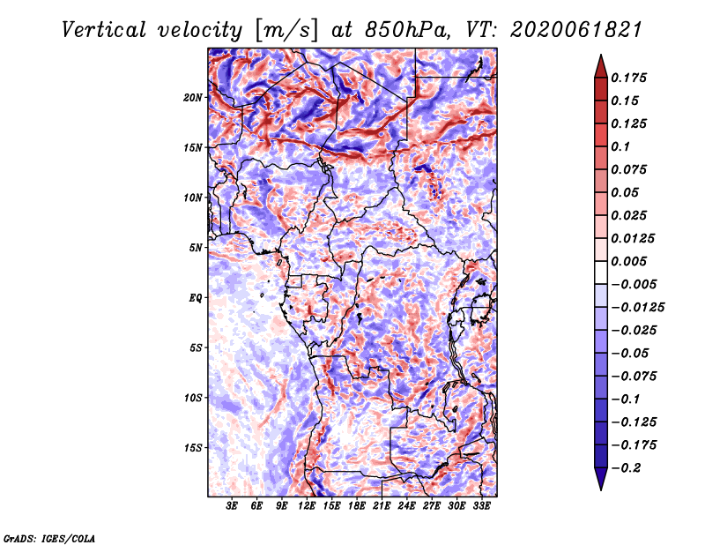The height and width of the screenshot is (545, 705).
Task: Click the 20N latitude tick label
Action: tap(192, 98)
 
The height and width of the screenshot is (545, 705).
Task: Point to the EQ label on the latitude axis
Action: tap(195, 298)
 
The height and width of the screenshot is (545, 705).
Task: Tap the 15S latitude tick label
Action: tap(193, 448)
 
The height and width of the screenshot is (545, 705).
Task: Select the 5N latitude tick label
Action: tap(196, 248)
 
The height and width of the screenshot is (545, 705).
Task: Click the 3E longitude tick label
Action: tap(232, 506)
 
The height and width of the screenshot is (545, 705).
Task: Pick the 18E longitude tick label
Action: tap(357, 506)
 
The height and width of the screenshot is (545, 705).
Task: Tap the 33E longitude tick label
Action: tap(481, 506)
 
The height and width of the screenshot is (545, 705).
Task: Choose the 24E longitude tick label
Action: tap(406, 506)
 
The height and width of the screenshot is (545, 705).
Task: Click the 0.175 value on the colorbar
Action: tap(628, 78)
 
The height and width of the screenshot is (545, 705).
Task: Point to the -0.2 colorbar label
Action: tap(626, 468)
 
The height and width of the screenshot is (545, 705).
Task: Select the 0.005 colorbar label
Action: tap(628, 261)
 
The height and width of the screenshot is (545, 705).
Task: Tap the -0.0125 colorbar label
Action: tap(637, 308)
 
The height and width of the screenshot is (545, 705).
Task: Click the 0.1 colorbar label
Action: tap(620, 146)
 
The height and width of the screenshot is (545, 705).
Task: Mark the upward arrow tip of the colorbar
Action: tap(601, 55)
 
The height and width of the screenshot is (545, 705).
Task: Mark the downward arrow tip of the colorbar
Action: tap(601, 489)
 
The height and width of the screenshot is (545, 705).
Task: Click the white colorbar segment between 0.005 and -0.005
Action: tap(601, 272)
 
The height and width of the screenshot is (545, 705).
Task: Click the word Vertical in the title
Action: tap(104, 30)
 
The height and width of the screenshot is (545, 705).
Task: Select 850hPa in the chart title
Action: tap(407, 30)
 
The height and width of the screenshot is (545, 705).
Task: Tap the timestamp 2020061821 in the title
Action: tap(576, 30)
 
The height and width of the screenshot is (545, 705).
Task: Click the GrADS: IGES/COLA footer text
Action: tap(49, 538)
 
